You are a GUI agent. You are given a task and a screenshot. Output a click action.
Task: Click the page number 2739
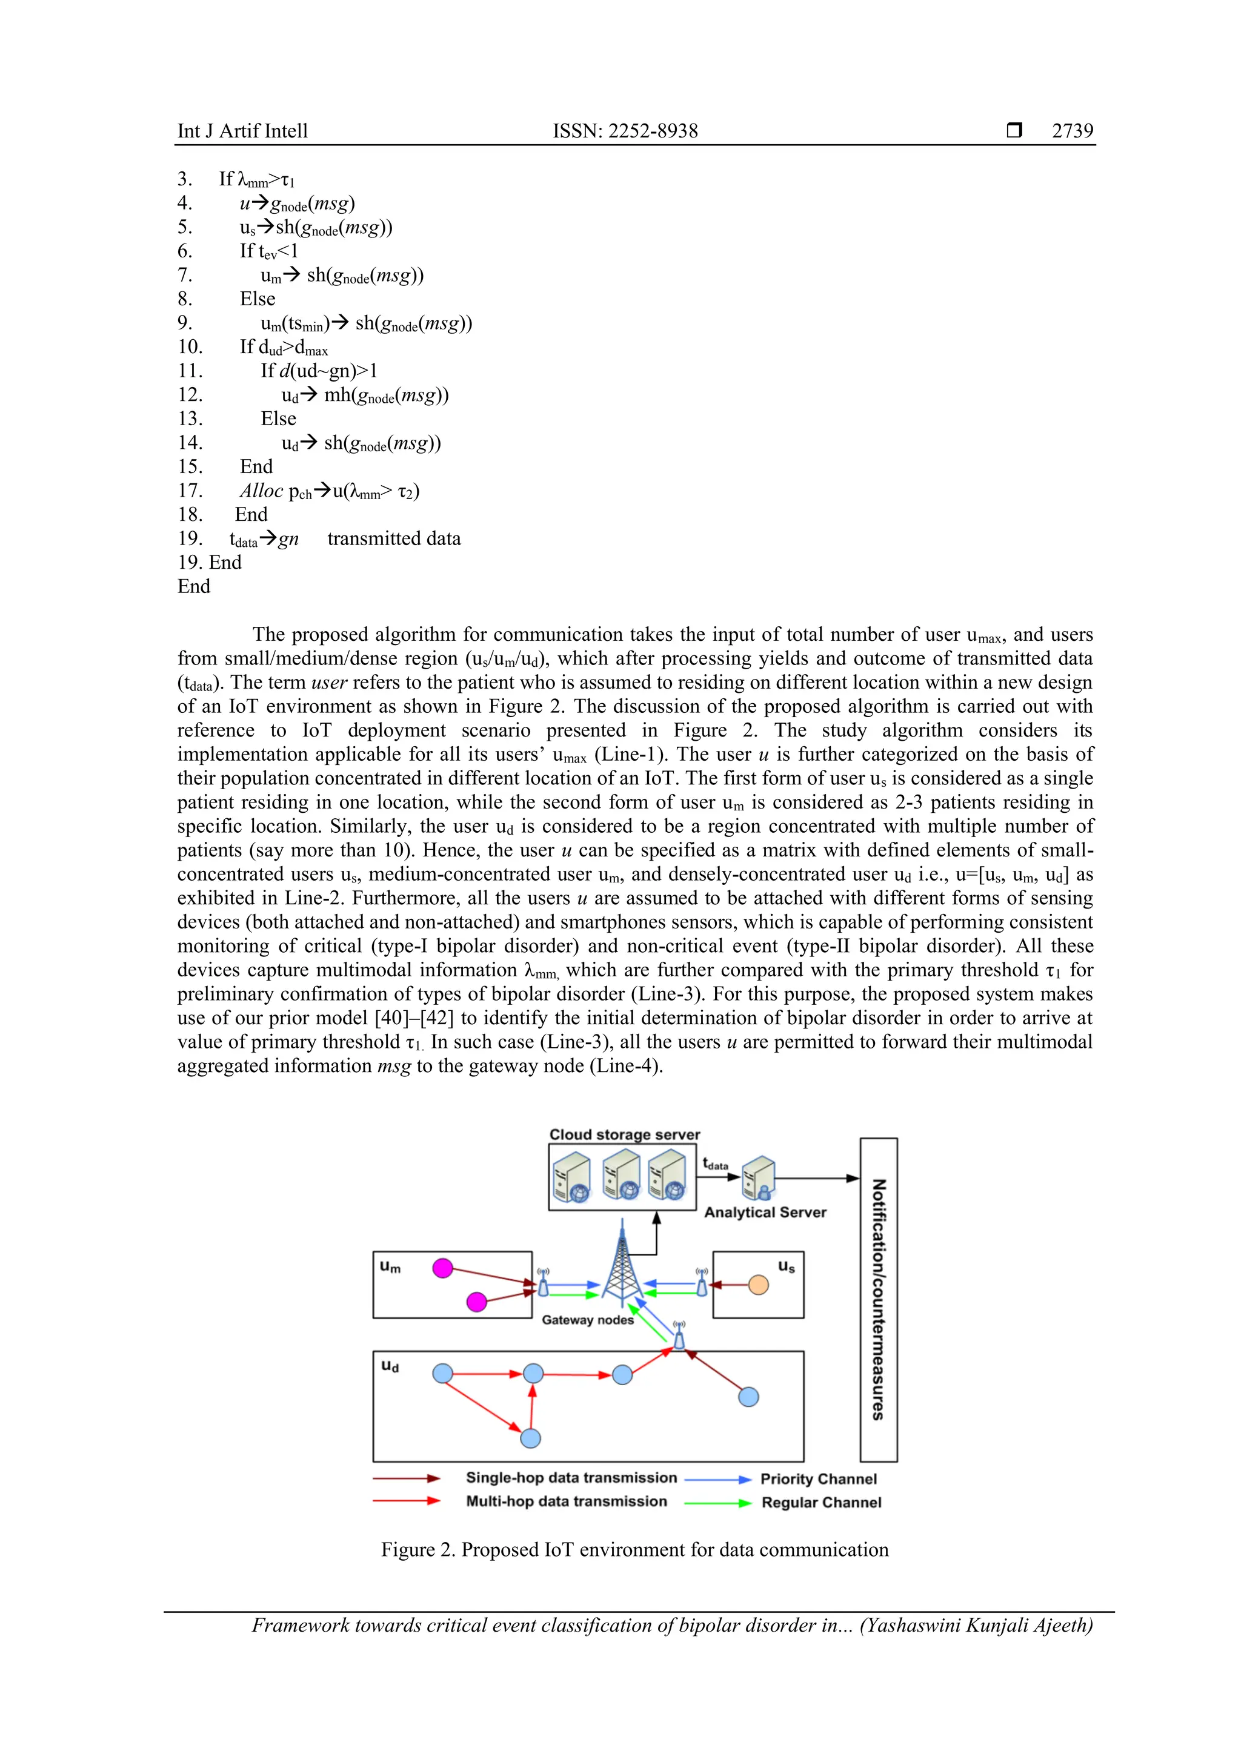coord(1072,131)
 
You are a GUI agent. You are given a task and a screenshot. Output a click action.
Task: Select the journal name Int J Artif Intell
coord(242,131)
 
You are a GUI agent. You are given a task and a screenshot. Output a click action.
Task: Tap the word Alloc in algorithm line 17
coord(261,491)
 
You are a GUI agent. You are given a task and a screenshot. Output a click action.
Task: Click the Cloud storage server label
coord(624,1134)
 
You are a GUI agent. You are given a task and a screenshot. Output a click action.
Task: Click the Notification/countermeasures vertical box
coord(879,1299)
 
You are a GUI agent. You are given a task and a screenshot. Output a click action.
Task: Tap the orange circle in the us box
coord(758,1285)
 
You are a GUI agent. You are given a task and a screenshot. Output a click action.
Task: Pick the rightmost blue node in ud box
coord(749,1397)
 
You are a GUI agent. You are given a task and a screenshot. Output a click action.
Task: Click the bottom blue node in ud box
coord(530,1438)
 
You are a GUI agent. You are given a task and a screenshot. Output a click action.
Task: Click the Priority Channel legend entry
coord(819,1479)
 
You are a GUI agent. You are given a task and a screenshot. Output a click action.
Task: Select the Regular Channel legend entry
coord(822,1503)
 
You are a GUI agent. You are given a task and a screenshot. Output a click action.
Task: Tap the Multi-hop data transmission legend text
coord(566,1501)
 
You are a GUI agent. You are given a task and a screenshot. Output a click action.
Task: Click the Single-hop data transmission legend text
coord(571,1477)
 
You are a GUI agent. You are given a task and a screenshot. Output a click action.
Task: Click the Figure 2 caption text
coord(634,1549)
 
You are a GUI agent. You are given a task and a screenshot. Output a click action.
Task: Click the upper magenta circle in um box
coord(442,1268)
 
